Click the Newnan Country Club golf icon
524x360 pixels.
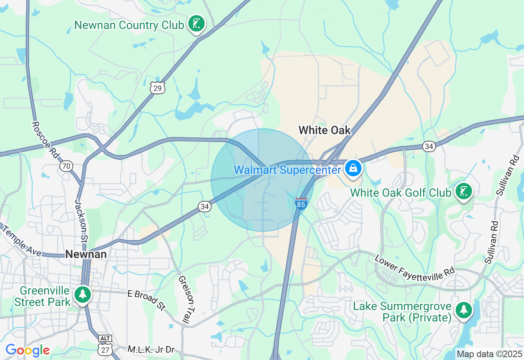(196, 24)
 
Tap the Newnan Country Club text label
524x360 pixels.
(129, 25)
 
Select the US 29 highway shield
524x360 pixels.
(158, 88)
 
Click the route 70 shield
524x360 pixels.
(66, 166)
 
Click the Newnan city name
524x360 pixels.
(86, 254)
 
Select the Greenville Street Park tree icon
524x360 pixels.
(83, 294)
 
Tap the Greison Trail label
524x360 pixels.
(186, 301)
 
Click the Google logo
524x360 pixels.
(27, 350)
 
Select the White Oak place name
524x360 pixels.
(325, 130)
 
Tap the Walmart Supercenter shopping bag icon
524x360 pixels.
(352, 168)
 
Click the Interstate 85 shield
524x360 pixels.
(301, 203)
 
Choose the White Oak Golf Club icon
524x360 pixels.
(463, 191)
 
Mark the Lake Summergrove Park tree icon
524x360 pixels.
(463, 310)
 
